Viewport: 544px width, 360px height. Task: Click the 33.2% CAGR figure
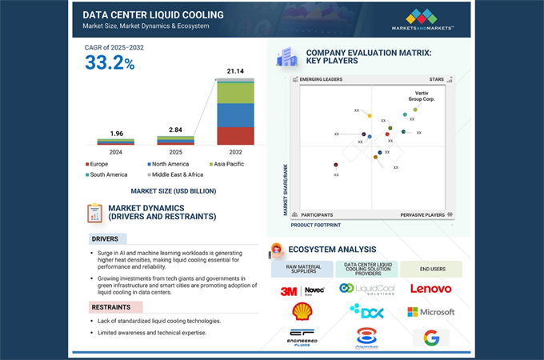click(109, 63)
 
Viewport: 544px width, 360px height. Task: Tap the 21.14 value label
click(235, 71)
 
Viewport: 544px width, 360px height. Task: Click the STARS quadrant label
click(437, 80)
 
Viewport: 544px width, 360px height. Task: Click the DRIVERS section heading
click(106, 238)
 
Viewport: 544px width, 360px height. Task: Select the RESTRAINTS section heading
click(111, 306)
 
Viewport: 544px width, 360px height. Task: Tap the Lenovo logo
click(430, 289)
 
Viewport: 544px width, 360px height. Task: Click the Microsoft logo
click(430, 312)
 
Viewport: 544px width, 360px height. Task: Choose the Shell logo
click(303, 311)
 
